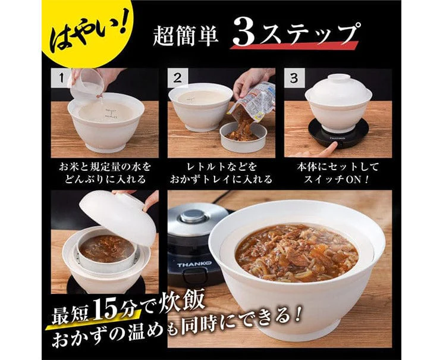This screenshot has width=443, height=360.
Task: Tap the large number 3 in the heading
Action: click(244, 34)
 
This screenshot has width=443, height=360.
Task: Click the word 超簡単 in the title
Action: click(186, 36)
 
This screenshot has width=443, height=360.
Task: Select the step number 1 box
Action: click(61, 78)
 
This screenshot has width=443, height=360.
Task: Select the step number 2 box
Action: click(177, 78)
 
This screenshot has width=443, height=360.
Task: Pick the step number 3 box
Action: click(294, 78)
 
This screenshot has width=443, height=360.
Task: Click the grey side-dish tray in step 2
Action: click(244, 137)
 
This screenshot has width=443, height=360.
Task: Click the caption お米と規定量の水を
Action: click(105, 167)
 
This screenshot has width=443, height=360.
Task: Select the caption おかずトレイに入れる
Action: click(221, 180)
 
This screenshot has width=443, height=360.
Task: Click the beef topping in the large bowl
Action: click(297, 252)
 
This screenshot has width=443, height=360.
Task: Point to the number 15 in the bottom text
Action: click(109, 308)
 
